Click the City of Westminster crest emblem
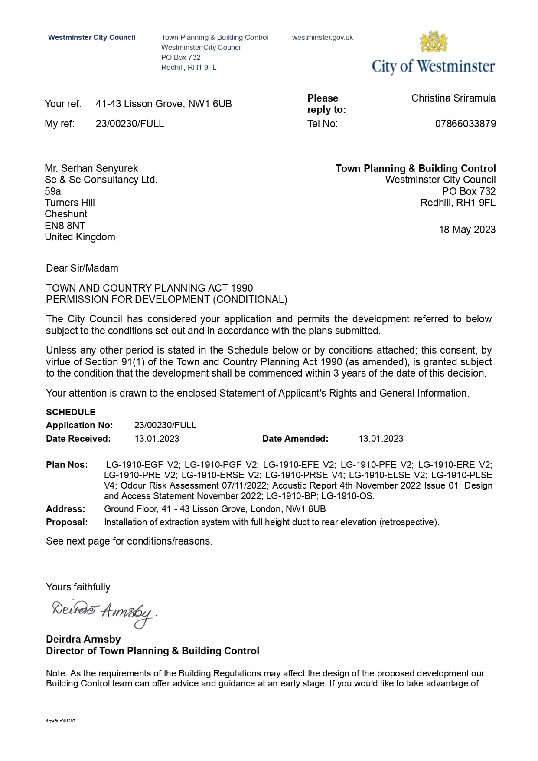433,42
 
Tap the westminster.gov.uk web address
322,38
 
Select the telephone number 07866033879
465,124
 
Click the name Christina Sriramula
453,98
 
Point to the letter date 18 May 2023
467,230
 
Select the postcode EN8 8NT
65,226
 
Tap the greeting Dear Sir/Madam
82,268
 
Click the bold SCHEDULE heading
71,412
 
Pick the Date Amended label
295,439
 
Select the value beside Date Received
157,439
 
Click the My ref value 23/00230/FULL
130,124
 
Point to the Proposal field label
67,522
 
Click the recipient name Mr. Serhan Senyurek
91,168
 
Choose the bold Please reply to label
326,104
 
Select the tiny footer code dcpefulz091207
60,721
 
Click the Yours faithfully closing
78,587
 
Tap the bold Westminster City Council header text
91,38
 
